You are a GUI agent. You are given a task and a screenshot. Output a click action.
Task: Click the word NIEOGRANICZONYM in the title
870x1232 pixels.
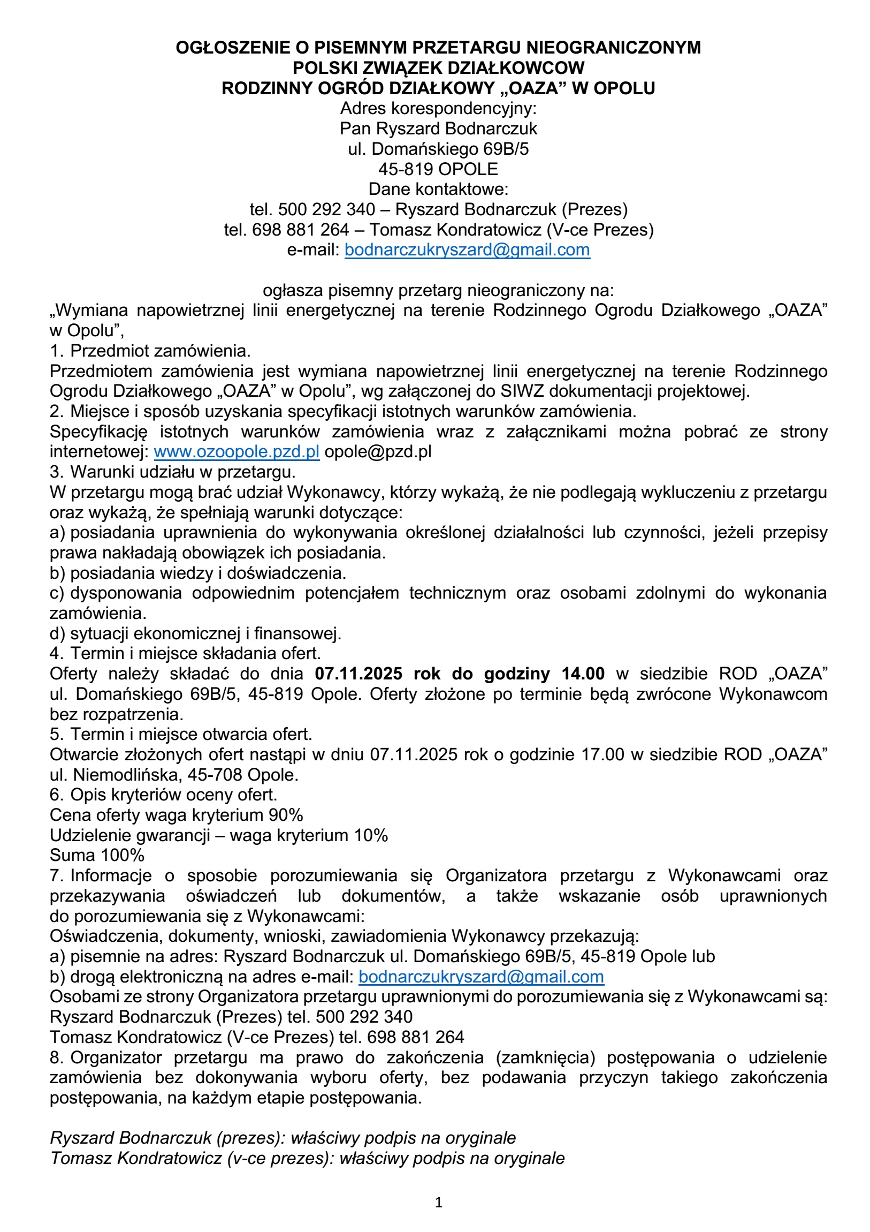point(613,48)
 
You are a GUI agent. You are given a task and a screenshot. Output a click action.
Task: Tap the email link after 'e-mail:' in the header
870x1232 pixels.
point(467,250)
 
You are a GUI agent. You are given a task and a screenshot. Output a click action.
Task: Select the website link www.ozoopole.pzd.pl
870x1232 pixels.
point(236,452)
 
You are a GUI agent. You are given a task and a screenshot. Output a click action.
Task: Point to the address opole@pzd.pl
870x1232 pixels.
point(378,452)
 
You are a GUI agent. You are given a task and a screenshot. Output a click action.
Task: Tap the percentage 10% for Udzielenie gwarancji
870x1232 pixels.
point(371,835)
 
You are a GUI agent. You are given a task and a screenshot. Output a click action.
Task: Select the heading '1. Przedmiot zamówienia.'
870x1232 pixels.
point(150,351)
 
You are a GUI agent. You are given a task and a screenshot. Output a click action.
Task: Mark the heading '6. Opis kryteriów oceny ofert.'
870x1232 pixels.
point(163,795)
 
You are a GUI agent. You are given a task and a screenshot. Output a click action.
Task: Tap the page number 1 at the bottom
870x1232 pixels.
point(438,1203)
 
